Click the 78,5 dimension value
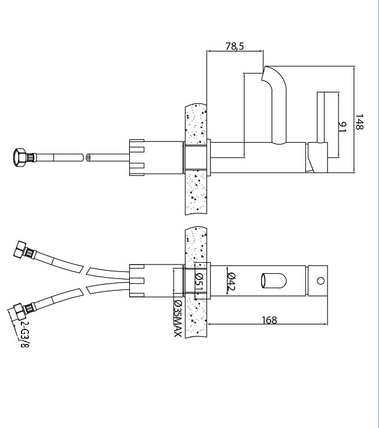pyautogui.click(x=235, y=45)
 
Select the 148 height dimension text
pyautogui.click(x=360, y=122)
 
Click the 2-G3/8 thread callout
pyautogui.click(x=25, y=333)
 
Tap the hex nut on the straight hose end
pyautogui.click(x=19, y=157)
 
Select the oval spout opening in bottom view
pyautogui.click(x=274, y=281)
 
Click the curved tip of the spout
pyautogui.click(x=269, y=74)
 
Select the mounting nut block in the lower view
pyautogui.click(x=136, y=281)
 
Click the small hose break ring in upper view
pyautogui.click(x=88, y=157)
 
